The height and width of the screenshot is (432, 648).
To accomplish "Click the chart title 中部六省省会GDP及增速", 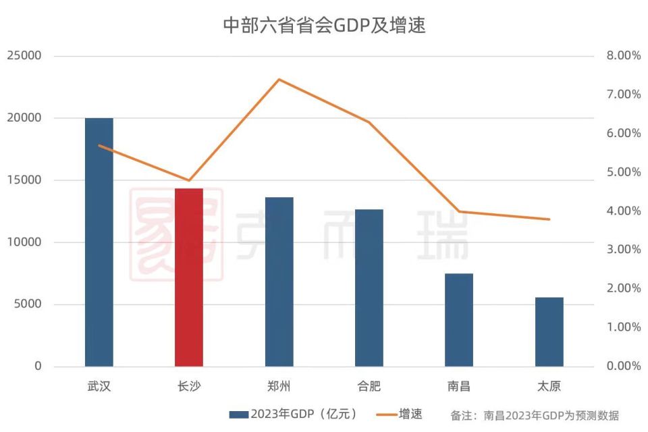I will [x=324, y=26].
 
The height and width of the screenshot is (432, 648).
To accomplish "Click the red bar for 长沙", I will [x=189, y=277].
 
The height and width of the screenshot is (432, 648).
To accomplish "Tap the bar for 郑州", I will [x=279, y=281].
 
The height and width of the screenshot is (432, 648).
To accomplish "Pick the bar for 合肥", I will [x=369, y=288].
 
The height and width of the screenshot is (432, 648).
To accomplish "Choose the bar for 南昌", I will [x=459, y=320].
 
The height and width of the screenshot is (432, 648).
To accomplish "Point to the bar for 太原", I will [x=549, y=331].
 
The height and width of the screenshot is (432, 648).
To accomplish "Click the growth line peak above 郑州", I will [x=279, y=80].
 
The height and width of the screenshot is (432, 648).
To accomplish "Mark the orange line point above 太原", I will [x=549, y=219].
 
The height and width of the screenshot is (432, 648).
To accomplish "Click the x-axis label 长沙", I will [x=189, y=387].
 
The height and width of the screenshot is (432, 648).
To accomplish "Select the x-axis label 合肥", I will [x=369, y=387].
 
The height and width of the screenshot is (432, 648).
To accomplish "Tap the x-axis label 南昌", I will [x=459, y=387].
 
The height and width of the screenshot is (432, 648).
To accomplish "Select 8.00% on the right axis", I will [x=623, y=56].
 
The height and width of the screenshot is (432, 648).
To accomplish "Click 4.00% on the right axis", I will [x=623, y=211].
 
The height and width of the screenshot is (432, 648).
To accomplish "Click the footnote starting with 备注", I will [x=535, y=415].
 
